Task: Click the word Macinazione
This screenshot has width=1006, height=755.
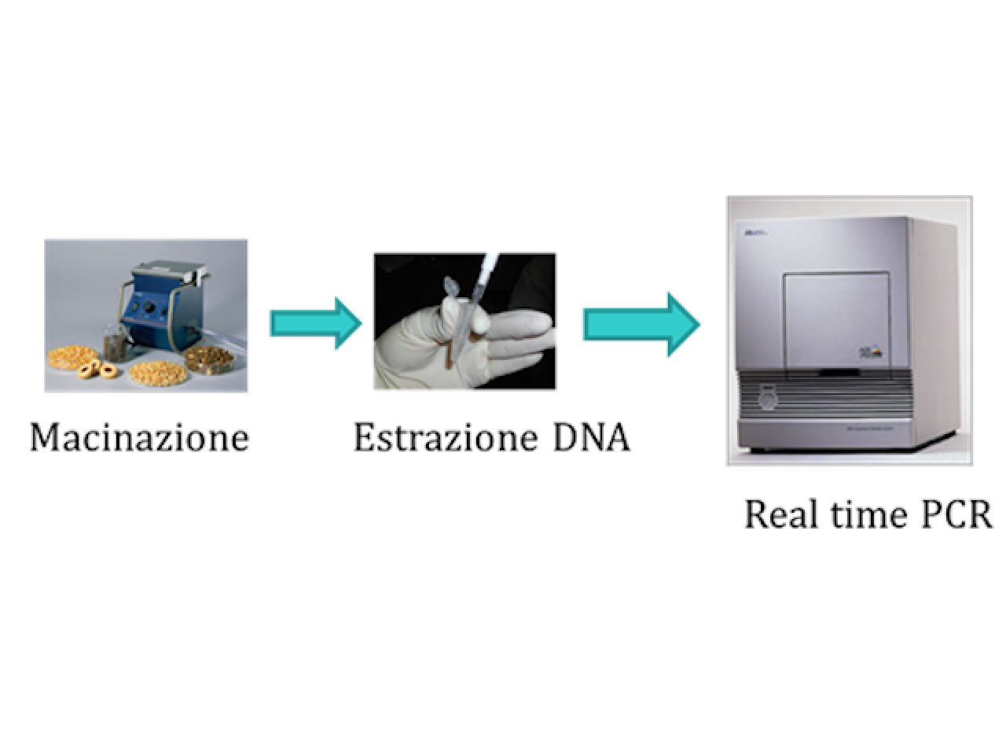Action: [x=139, y=438]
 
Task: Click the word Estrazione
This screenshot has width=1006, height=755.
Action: [x=445, y=438]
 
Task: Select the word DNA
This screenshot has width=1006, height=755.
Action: [x=591, y=438]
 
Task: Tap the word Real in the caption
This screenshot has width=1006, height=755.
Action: [x=781, y=514]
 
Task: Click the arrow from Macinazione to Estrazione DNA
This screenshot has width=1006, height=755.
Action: [x=316, y=324]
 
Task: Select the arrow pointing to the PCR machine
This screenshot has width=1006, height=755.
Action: [x=641, y=325]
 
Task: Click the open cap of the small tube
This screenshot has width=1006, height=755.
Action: [x=451, y=287]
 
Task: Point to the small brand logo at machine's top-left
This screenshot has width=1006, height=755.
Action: [x=751, y=234]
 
